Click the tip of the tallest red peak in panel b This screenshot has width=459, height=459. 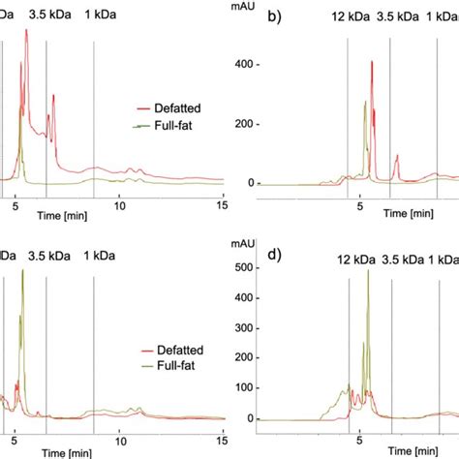pyautogui.click(x=372, y=63)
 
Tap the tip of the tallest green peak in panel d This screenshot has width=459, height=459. pyautogui.click(x=368, y=270)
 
